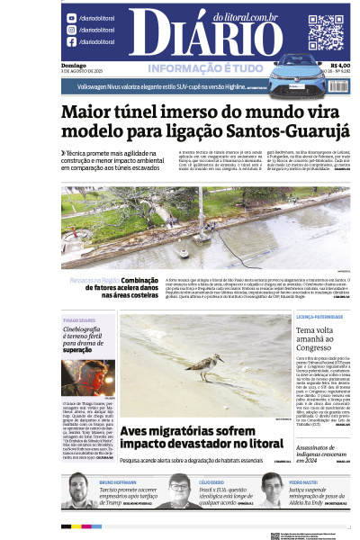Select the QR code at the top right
[x=326, y=31]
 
